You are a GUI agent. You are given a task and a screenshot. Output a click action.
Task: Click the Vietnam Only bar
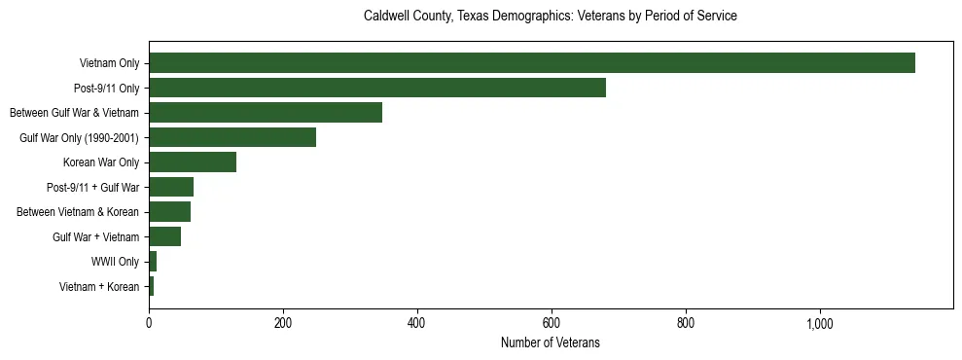click(x=531, y=63)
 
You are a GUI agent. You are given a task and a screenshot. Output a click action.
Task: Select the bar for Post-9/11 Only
click(x=377, y=88)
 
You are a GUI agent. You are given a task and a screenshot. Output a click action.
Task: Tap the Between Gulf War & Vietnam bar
click(x=266, y=113)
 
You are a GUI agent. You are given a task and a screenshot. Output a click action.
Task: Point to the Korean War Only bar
click(x=193, y=162)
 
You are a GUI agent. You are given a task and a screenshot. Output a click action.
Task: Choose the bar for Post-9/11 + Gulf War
click(x=171, y=187)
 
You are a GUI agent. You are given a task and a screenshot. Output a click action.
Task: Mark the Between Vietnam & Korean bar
click(x=169, y=212)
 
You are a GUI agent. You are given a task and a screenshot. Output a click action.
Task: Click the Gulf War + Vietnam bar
click(x=164, y=236)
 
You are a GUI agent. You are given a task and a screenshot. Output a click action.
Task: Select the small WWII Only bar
click(x=153, y=262)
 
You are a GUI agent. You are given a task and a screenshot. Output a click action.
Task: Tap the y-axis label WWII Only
click(x=115, y=262)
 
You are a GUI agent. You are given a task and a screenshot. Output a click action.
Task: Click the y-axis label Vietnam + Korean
click(x=99, y=287)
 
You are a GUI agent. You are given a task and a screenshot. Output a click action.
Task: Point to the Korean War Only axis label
click(x=101, y=162)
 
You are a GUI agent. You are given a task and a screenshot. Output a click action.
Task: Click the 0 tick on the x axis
click(x=149, y=324)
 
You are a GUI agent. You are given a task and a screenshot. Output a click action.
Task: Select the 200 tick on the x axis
click(x=283, y=324)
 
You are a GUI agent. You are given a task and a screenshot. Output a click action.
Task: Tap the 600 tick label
click(x=552, y=324)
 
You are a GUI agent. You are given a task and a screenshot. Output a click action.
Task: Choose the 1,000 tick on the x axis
click(x=819, y=324)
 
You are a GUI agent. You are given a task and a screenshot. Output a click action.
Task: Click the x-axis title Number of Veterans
click(x=550, y=342)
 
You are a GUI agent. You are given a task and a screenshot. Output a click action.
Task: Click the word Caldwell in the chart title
click(x=385, y=17)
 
